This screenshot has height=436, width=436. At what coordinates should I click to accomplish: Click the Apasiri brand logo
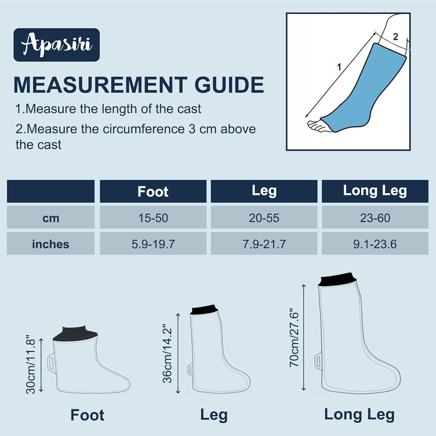57,45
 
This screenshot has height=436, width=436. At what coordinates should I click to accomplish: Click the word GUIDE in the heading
229,85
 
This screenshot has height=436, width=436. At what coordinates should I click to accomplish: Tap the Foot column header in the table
153,192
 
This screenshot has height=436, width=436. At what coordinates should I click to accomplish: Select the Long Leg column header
375,191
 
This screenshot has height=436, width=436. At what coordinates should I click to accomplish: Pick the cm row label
51,218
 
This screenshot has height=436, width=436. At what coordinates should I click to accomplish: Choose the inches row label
51,244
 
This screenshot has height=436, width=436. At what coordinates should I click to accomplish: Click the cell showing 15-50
153,218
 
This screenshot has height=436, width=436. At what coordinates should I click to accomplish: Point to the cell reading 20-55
264,218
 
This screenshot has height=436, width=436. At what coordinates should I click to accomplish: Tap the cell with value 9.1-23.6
375,244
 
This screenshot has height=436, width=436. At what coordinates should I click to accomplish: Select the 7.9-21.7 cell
264,244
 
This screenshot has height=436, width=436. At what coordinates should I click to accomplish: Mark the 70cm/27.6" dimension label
294,337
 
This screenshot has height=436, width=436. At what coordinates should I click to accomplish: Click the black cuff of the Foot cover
75,334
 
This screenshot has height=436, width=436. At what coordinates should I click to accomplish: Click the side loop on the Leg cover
190,369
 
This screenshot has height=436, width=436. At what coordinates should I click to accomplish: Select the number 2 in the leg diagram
395,37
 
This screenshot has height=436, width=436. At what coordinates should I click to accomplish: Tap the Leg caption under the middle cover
214,414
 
